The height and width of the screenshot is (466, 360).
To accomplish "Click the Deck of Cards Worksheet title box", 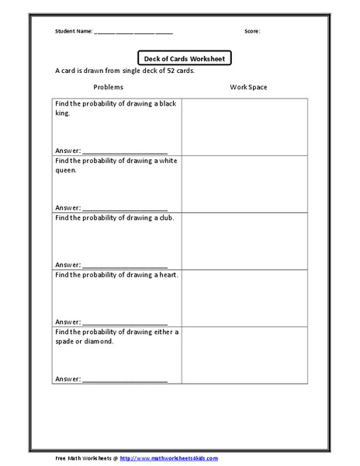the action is pos(184,57).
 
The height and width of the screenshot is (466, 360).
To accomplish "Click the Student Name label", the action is pos(73,32).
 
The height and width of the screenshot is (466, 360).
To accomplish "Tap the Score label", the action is pos(252,32).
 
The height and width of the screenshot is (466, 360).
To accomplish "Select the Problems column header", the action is pos(109,87).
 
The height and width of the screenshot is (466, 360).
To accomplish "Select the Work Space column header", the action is pos(248,87).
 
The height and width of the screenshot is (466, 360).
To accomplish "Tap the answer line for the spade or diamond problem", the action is pos(124,381).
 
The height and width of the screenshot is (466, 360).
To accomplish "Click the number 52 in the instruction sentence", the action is pos(164,71).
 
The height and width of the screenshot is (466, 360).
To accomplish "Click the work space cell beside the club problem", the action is pos(244,241).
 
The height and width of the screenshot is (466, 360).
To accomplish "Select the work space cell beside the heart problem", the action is pos(244,298).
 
